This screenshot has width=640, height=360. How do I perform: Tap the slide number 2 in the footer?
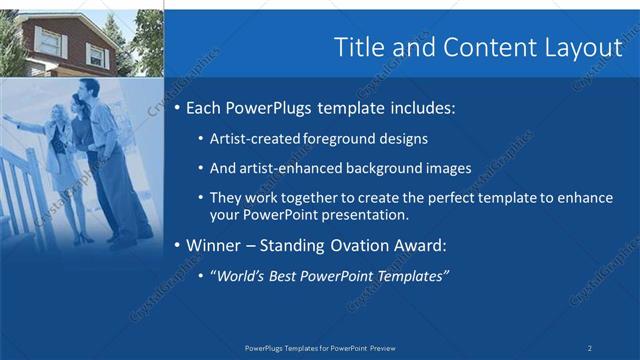coord(590,348)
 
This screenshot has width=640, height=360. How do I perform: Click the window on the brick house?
coord(49,40)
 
